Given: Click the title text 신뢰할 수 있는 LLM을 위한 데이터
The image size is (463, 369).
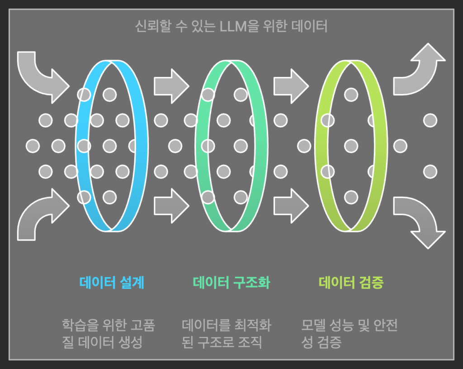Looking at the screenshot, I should (231, 27).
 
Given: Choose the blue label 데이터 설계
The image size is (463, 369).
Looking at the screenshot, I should (112, 283).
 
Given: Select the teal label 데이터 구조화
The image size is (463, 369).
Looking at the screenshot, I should (231, 283).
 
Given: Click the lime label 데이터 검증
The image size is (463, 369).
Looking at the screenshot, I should (351, 283).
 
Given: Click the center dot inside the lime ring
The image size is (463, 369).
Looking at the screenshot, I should (351, 146).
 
